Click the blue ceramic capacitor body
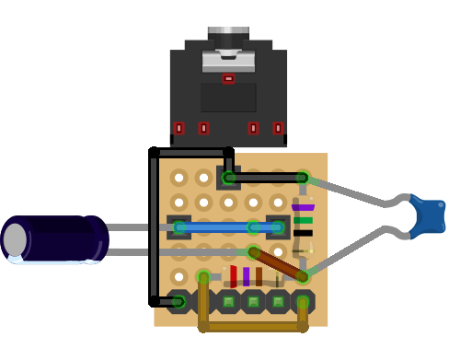[428, 215]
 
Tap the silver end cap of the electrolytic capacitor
[15, 240]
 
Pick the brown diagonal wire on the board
[278, 263]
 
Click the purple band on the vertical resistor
[303, 208]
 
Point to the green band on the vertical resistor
[303, 220]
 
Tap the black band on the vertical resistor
[303, 233]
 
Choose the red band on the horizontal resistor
[234, 276]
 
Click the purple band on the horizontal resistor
[246, 276]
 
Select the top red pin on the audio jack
[228, 78]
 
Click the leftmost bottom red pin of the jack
[178, 128]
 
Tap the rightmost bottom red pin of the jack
[278, 128]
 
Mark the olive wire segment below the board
[253, 326]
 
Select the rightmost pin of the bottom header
[303, 301]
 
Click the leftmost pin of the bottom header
[178, 301]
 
